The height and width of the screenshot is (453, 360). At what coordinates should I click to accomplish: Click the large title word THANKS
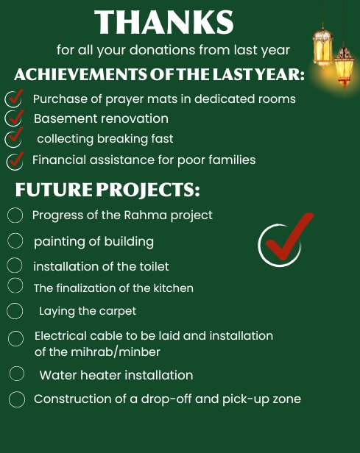(x=164, y=22)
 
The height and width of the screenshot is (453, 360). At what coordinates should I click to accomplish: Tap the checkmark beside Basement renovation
(x=14, y=118)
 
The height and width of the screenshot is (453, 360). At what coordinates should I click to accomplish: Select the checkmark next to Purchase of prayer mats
(x=13, y=99)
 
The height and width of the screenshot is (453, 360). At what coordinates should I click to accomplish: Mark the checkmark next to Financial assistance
(x=15, y=160)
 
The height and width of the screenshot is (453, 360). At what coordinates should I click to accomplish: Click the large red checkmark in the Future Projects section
(x=285, y=240)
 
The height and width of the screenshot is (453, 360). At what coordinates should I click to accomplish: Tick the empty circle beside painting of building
(x=15, y=241)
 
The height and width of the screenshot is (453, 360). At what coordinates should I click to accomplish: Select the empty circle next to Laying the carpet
(x=15, y=311)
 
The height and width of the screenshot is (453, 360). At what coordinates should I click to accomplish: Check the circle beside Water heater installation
(x=17, y=374)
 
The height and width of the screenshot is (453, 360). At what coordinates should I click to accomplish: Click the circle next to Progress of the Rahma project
(x=15, y=215)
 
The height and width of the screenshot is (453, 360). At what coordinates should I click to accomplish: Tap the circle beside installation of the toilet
(x=15, y=265)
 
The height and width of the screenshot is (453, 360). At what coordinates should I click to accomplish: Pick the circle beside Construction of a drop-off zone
(x=17, y=399)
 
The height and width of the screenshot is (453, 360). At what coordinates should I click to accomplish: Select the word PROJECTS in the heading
(x=148, y=190)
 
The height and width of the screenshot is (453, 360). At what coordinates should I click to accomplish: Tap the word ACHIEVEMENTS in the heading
(x=80, y=74)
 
